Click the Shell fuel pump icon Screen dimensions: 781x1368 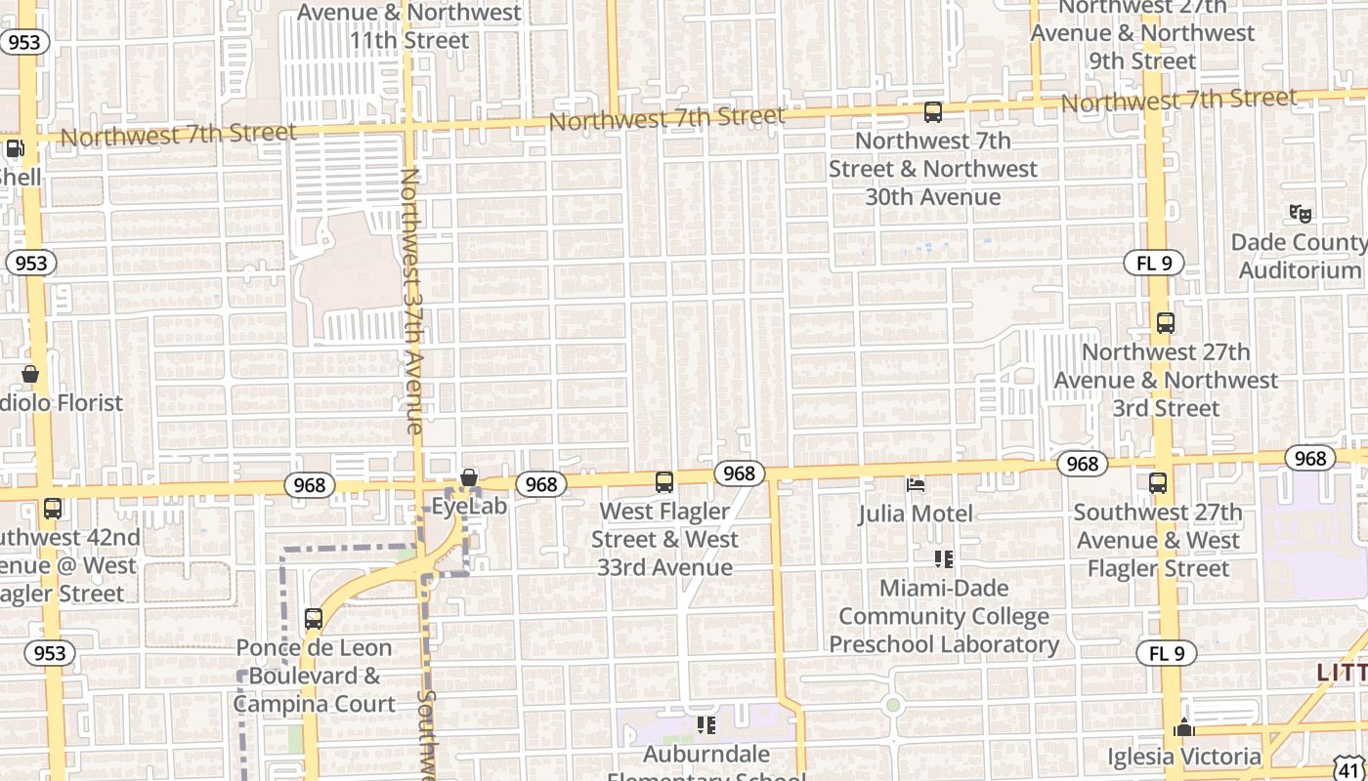[x=15, y=149]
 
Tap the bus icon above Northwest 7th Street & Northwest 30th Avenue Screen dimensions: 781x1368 [x=933, y=112]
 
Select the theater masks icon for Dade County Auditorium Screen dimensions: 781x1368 [x=1300, y=213]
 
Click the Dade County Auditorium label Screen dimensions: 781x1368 [x=1300, y=256]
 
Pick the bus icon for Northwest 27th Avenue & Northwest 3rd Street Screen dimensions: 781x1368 [x=1165, y=323]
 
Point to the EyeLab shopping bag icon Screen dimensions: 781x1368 [x=469, y=478]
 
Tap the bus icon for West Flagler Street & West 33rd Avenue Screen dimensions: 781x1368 [x=664, y=482]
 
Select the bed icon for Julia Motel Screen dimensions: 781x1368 [x=916, y=484]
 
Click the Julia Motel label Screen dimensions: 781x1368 [x=916, y=514]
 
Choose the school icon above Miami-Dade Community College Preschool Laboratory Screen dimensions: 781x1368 [x=943, y=559]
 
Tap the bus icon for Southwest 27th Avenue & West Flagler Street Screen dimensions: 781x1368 [x=1158, y=483]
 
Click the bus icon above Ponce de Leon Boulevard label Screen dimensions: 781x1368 [x=314, y=619]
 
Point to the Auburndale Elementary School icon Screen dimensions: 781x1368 [x=705, y=725]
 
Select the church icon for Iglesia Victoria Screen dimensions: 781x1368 [x=1184, y=727]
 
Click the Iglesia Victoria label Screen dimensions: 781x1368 [x=1184, y=757]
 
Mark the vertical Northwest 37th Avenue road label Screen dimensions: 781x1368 [x=410, y=301]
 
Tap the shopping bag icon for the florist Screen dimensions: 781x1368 [x=30, y=375]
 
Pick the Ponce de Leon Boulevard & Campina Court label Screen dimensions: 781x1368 [x=314, y=676]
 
